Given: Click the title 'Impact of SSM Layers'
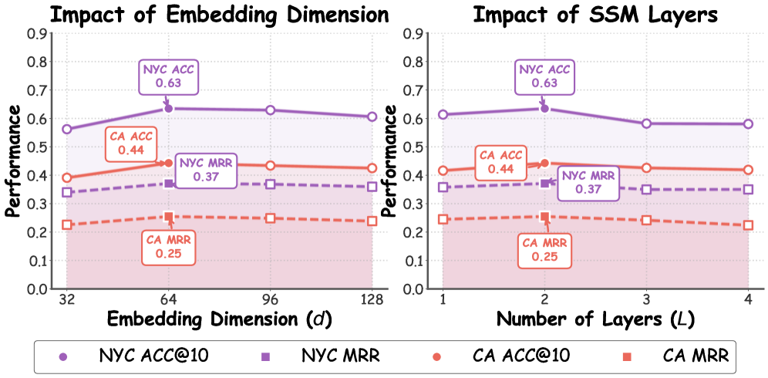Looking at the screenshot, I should click(595, 14).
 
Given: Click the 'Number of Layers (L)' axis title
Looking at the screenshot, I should click(595, 319).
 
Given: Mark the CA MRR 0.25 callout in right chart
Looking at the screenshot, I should click(545, 248).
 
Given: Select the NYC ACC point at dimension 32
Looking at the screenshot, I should click(67, 129).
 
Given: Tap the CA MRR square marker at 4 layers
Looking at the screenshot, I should click(748, 225).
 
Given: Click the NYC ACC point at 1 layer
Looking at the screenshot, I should click(443, 114).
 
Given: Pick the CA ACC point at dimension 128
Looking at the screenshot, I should click(372, 168).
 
